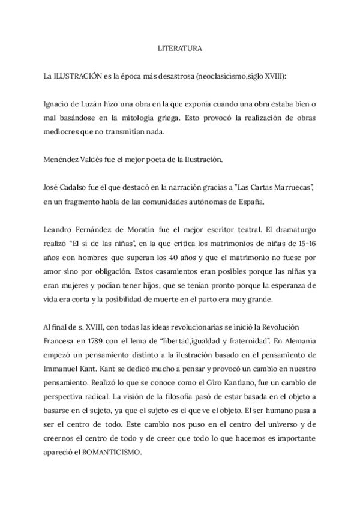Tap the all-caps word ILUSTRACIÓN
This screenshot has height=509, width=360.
74,77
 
